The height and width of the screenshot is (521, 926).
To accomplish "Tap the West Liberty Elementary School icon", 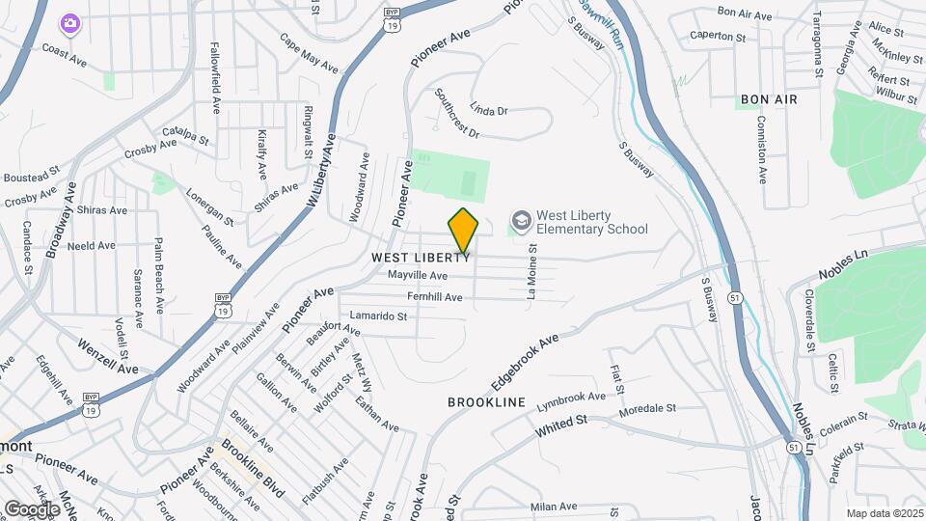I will click(521, 222).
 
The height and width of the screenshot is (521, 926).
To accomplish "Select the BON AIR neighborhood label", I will click(769, 99).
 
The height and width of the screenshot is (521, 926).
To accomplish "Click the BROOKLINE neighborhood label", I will click(486, 401).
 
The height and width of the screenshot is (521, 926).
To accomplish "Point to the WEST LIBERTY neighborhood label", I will click(421, 259).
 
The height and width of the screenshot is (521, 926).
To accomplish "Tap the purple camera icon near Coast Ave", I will click(69, 22).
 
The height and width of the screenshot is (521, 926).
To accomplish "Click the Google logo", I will click(31, 508).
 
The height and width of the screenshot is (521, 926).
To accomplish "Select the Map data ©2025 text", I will click(885, 513).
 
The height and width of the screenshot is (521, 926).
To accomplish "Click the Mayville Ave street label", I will click(417, 276).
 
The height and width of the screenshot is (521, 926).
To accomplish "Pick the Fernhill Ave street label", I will click(435, 296).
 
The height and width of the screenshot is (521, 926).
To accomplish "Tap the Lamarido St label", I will click(378, 315).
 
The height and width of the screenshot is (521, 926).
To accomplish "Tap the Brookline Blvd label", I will click(253, 469).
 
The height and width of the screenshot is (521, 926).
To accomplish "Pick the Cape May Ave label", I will click(309, 54).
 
